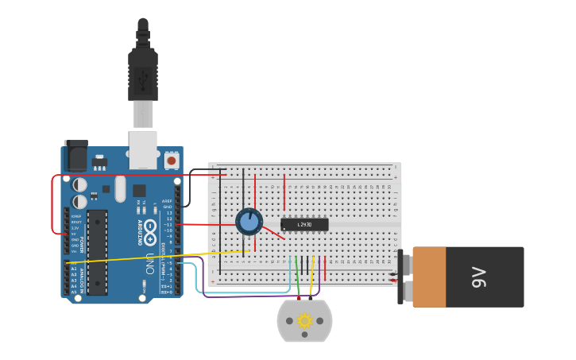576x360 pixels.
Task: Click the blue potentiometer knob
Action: [249, 222]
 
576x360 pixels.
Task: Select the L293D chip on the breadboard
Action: [304, 224]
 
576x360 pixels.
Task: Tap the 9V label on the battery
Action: [478, 277]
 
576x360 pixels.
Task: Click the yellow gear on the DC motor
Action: [304, 320]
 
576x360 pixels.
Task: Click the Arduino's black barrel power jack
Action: [75, 156]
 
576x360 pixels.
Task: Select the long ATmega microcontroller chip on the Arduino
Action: [97, 252]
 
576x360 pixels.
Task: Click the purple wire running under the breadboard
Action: [238, 296]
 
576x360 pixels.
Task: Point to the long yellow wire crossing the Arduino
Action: [159, 257]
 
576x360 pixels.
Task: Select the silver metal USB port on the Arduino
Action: [143, 149]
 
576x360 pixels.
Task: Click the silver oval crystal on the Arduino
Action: [120, 188]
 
